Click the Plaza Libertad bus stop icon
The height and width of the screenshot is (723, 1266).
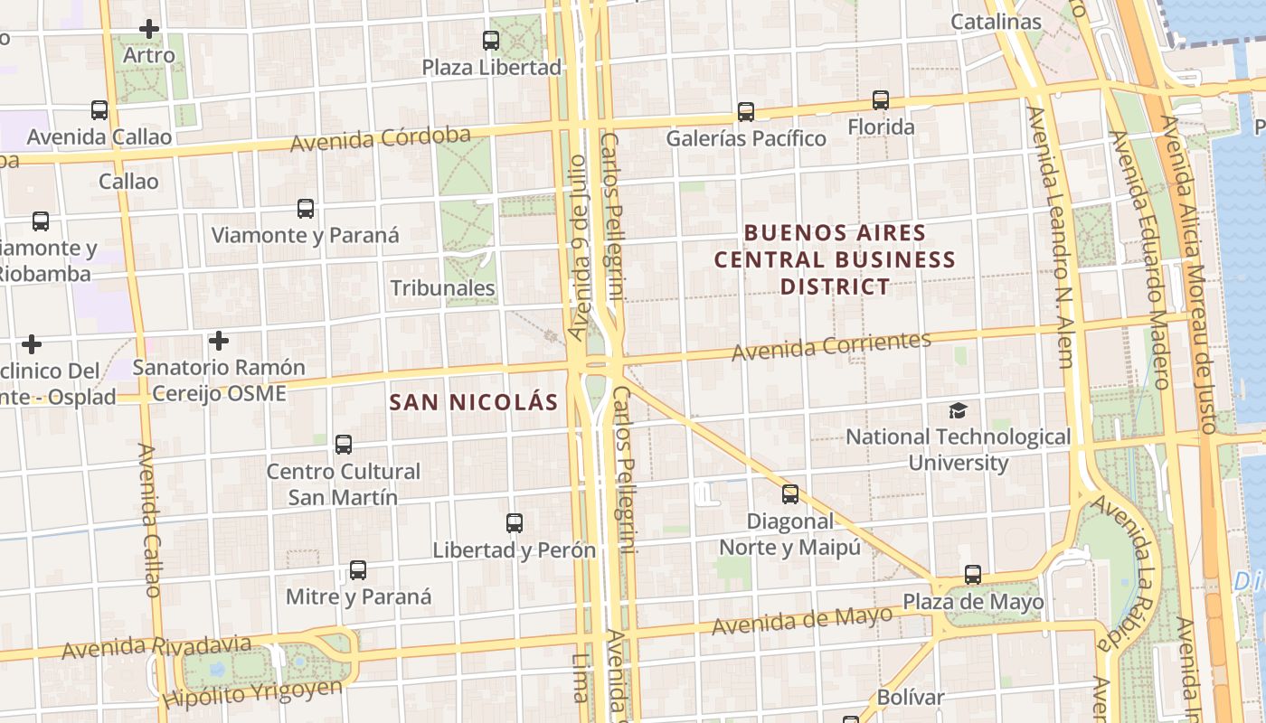tap(491, 41)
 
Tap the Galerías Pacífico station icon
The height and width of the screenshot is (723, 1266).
tap(746, 112)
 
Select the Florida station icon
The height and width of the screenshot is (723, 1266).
tap(881, 100)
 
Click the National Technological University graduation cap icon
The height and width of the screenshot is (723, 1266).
tap(958, 411)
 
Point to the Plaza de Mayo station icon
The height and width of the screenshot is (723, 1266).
tap(973, 575)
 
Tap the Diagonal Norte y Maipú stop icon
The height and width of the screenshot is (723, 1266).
tap(790, 494)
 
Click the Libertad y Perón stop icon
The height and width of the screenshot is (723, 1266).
tap(515, 523)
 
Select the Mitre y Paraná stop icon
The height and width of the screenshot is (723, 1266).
tap(358, 570)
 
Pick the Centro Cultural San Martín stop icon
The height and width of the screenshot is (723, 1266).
tap(344, 445)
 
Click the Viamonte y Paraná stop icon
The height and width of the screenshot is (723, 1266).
tap(306, 209)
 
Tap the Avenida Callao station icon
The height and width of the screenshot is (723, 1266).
tap(99, 110)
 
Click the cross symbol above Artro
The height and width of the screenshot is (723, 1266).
tap(149, 29)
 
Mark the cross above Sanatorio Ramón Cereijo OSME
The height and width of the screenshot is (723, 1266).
tap(219, 341)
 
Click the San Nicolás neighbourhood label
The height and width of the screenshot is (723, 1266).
tap(474, 402)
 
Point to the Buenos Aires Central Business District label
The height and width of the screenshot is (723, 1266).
tap(835, 259)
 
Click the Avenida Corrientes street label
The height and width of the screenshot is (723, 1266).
tap(831, 346)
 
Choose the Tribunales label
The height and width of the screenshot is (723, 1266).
tap(443, 288)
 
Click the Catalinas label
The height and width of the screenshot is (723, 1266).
tap(997, 22)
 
